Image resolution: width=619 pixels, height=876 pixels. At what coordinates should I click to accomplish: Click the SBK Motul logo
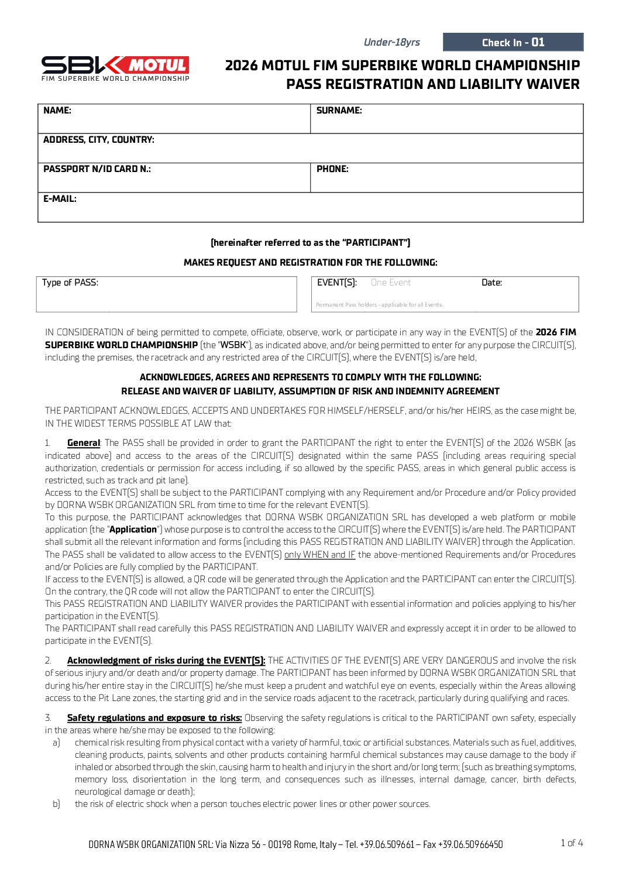pyautogui.click(x=115, y=68)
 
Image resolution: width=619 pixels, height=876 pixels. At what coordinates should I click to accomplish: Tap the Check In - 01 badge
pyautogui.click(x=513, y=42)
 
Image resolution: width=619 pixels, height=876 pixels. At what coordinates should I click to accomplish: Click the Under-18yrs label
pyautogui.click(x=391, y=42)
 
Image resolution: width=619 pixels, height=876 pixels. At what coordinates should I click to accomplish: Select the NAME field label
pyautogui.click(x=57, y=111)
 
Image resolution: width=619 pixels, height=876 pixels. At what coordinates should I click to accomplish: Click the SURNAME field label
pyautogui.click(x=339, y=111)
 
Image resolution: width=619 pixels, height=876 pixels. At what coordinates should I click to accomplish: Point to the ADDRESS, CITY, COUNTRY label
pyautogui.click(x=99, y=140)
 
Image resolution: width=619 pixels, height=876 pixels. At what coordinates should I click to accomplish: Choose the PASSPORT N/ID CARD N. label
pyautogui.click(x=97, y=169)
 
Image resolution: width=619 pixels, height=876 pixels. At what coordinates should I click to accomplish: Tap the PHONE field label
pyautogui.click(x=332, y=169)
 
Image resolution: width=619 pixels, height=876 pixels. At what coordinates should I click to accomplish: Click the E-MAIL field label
pyautogui.click(x=60, y=199)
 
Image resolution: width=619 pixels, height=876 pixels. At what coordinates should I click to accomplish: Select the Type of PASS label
pyautogui.click(x=70, y=283)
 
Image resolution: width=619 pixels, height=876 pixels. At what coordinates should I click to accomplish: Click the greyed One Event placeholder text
pyautogui.click(x=391, y=283)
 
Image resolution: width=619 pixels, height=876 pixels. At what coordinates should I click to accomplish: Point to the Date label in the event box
pyautogui.click(x=491, y=283)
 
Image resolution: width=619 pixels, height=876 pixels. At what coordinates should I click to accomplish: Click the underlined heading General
pyautogui.click(x=84, y=443)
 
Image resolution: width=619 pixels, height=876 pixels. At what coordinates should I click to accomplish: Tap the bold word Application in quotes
pyautogui.click(x=133, y=530)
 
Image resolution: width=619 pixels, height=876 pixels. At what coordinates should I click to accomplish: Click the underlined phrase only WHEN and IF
pyautogui.click(x=319, y=555)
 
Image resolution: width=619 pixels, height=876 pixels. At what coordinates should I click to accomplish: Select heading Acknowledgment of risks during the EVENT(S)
pyautogui.click(x=166, y=661)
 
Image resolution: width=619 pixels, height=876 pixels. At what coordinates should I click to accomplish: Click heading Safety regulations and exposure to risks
pyautogui.click(x=154, y=718)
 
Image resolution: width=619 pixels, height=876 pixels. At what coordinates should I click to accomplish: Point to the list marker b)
pyautogui.click(x=56, y=804)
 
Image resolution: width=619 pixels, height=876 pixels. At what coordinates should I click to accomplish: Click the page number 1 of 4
pyautogui.click(x=572, y=843)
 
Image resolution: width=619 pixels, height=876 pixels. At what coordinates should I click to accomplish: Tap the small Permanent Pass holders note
pyautogui.click(x=379, y=305)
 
